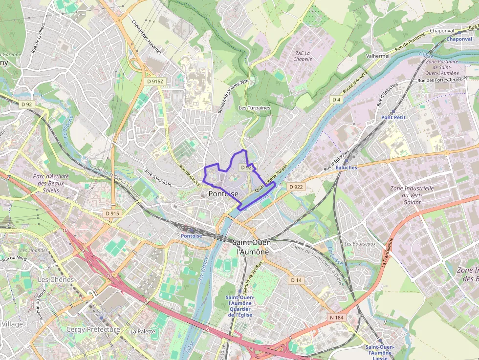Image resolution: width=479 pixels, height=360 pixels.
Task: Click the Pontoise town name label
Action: [x=223, y=194]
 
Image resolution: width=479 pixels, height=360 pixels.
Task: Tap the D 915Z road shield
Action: [x=155, y=82]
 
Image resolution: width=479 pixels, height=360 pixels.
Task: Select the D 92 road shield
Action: [x=26, y=104]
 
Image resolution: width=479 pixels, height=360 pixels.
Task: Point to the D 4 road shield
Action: [x=336, y=100]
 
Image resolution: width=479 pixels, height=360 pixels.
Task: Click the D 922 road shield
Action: [x=296, y=187]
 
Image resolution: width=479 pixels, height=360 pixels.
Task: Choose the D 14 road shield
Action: [x=296, y=280]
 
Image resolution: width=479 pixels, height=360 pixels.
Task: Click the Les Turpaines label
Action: [x=254, y=107]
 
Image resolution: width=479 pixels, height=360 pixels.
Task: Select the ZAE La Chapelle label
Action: [x=304, y=56]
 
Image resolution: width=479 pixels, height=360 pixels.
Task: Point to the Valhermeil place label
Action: [x=378, y=56]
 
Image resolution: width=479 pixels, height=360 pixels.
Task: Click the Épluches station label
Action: [x=347, y=168]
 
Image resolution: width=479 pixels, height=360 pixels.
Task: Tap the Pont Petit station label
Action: [x=393, y=117]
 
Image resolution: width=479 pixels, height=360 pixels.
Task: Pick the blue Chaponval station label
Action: [x=459, y=39]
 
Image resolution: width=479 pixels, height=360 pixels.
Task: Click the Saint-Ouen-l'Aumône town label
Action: [x=253, y=247]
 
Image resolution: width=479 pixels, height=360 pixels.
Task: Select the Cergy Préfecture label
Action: [x=93, y=330]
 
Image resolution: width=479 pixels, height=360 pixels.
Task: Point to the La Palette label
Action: [x=143, y=331]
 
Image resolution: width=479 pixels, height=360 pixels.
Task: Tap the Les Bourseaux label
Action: [x=360, y=244]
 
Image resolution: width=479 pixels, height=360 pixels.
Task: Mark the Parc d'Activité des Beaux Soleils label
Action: [x=51, y=183]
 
